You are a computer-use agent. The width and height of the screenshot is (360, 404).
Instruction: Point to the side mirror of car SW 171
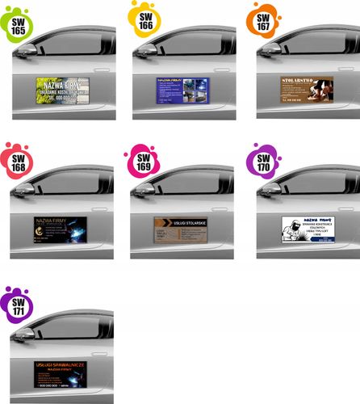pyautogui.click(x=23, y=332)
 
